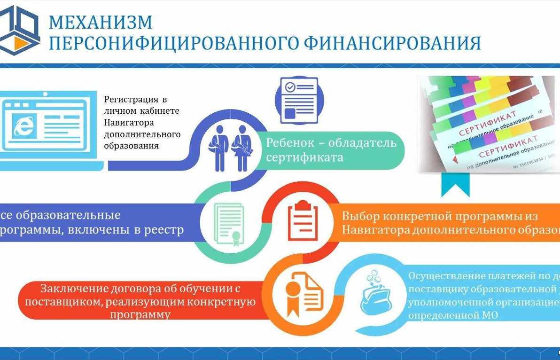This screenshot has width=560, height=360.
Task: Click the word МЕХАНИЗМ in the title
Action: (x=101, y=22)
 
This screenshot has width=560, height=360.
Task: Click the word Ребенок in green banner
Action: (x=290, y=143)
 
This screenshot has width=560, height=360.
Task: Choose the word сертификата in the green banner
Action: (x=304, y=157)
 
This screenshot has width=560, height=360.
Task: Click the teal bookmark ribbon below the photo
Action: (x=455, y=184)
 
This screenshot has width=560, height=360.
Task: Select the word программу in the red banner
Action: (x=140, y=314)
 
